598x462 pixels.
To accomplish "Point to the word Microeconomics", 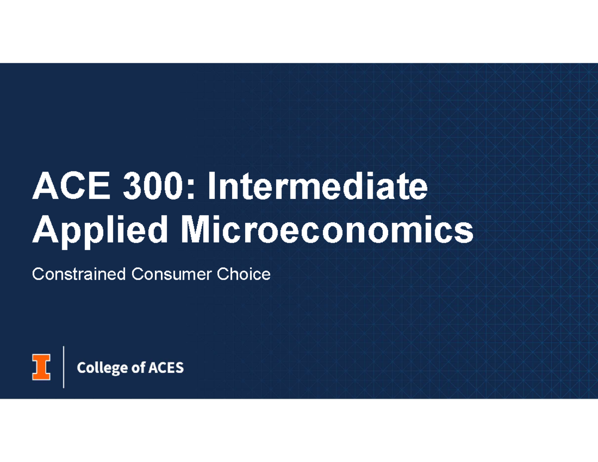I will pyautogui.click(x=326, y=230).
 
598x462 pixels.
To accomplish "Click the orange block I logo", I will pyautogui.click(x=41, y=367).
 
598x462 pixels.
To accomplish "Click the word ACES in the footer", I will pyautogui.click(x=165, y=368).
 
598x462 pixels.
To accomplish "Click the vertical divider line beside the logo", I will pyautogui.click(x=64, y=367).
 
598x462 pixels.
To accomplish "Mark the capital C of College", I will pyautogui.click(x=81, y=368).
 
